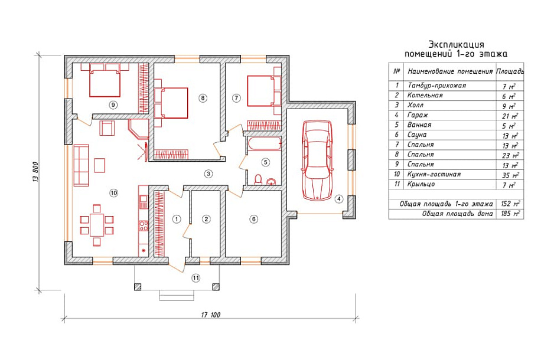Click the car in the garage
tap(317, 161)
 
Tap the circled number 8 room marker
tap(203, 98)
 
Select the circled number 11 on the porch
tap(195, 278)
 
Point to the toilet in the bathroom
tap(258, 179)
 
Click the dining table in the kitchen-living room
tap(97, 225)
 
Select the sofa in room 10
tap(81, 165)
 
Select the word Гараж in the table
tap(418, 115)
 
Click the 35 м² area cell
tap(510, 175)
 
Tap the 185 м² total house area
tap(510, 214)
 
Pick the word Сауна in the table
tap(417, 135)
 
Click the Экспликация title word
tap(456, 44)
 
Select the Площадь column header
tap(510, 71)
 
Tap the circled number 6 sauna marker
tap(253, 219)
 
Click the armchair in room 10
tap(107, 127)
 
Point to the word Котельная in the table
tap(425, 95)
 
